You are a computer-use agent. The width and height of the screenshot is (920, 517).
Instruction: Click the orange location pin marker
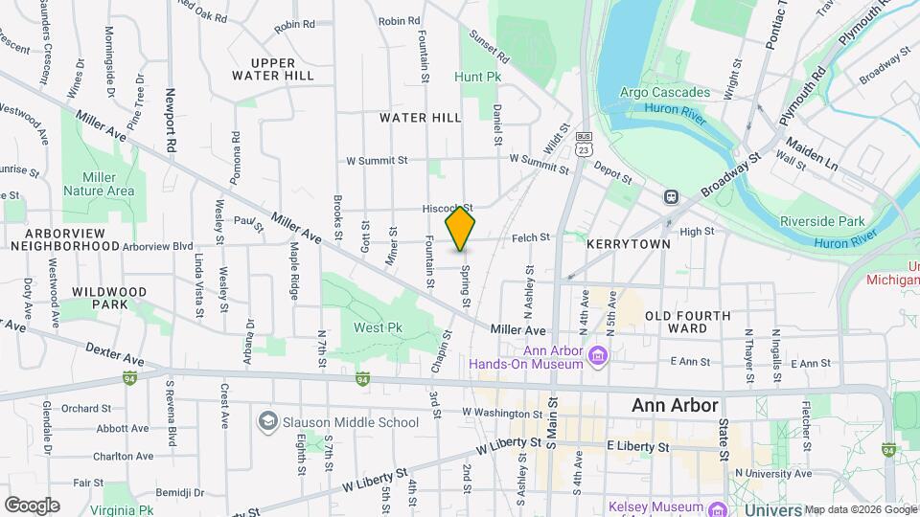coord(461,228)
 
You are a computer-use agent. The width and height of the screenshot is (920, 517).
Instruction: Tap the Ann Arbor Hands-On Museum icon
coord(599,356)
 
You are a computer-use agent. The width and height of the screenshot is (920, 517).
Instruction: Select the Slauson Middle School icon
coord(267,421)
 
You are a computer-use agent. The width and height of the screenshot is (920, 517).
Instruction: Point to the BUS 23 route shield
coord(584,144)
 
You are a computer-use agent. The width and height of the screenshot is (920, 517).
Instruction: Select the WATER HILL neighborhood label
coord(420,117)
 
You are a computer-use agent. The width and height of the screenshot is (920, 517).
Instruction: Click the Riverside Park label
coord(822,220)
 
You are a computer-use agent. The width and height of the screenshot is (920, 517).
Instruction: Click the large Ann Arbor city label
coord(675,405)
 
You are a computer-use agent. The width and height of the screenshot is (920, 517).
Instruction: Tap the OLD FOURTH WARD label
coord(687,322)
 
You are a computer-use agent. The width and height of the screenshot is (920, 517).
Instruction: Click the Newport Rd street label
coord(171,122)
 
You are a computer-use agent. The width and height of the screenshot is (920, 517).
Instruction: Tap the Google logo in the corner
coord(32,505)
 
